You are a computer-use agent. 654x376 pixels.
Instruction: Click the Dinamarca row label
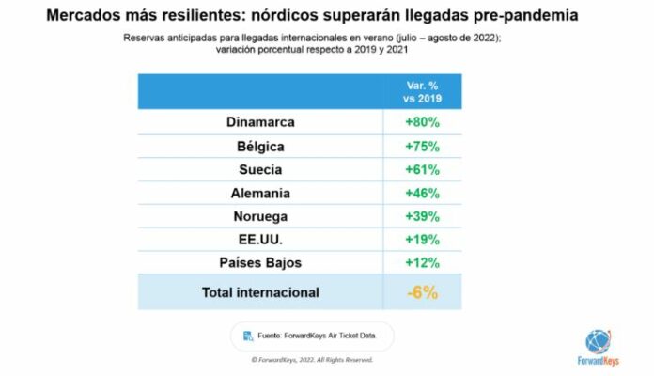tap(260, 123)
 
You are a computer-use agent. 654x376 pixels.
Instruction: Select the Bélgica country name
tap(260, 147)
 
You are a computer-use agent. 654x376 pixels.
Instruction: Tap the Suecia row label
tap(260, 170)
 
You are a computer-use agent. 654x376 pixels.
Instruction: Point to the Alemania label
tap(260, 193)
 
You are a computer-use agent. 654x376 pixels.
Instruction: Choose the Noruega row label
tap(260, 216)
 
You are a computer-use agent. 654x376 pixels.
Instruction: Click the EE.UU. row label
tap(260, 239)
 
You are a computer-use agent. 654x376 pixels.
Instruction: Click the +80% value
tap(422, 123)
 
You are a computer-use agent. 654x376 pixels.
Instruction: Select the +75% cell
tap(422, 147)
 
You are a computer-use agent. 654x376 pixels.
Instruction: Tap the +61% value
tap(422, 170)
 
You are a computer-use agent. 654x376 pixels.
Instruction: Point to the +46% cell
tap(422, 193)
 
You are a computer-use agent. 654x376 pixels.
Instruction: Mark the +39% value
tap(422, 216)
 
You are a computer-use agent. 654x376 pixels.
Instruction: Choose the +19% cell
tap(422, 239)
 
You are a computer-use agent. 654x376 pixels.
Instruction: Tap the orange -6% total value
tap(422, 292)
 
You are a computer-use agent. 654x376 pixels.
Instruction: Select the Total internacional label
tap(260, 292)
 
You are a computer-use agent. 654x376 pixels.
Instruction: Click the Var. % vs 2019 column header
tap(422, 92)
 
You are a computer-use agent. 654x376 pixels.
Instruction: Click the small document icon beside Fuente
tap(248, 336)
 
